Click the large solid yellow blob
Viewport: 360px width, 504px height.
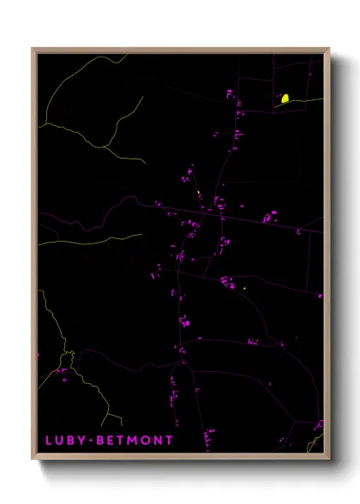point(285,99)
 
